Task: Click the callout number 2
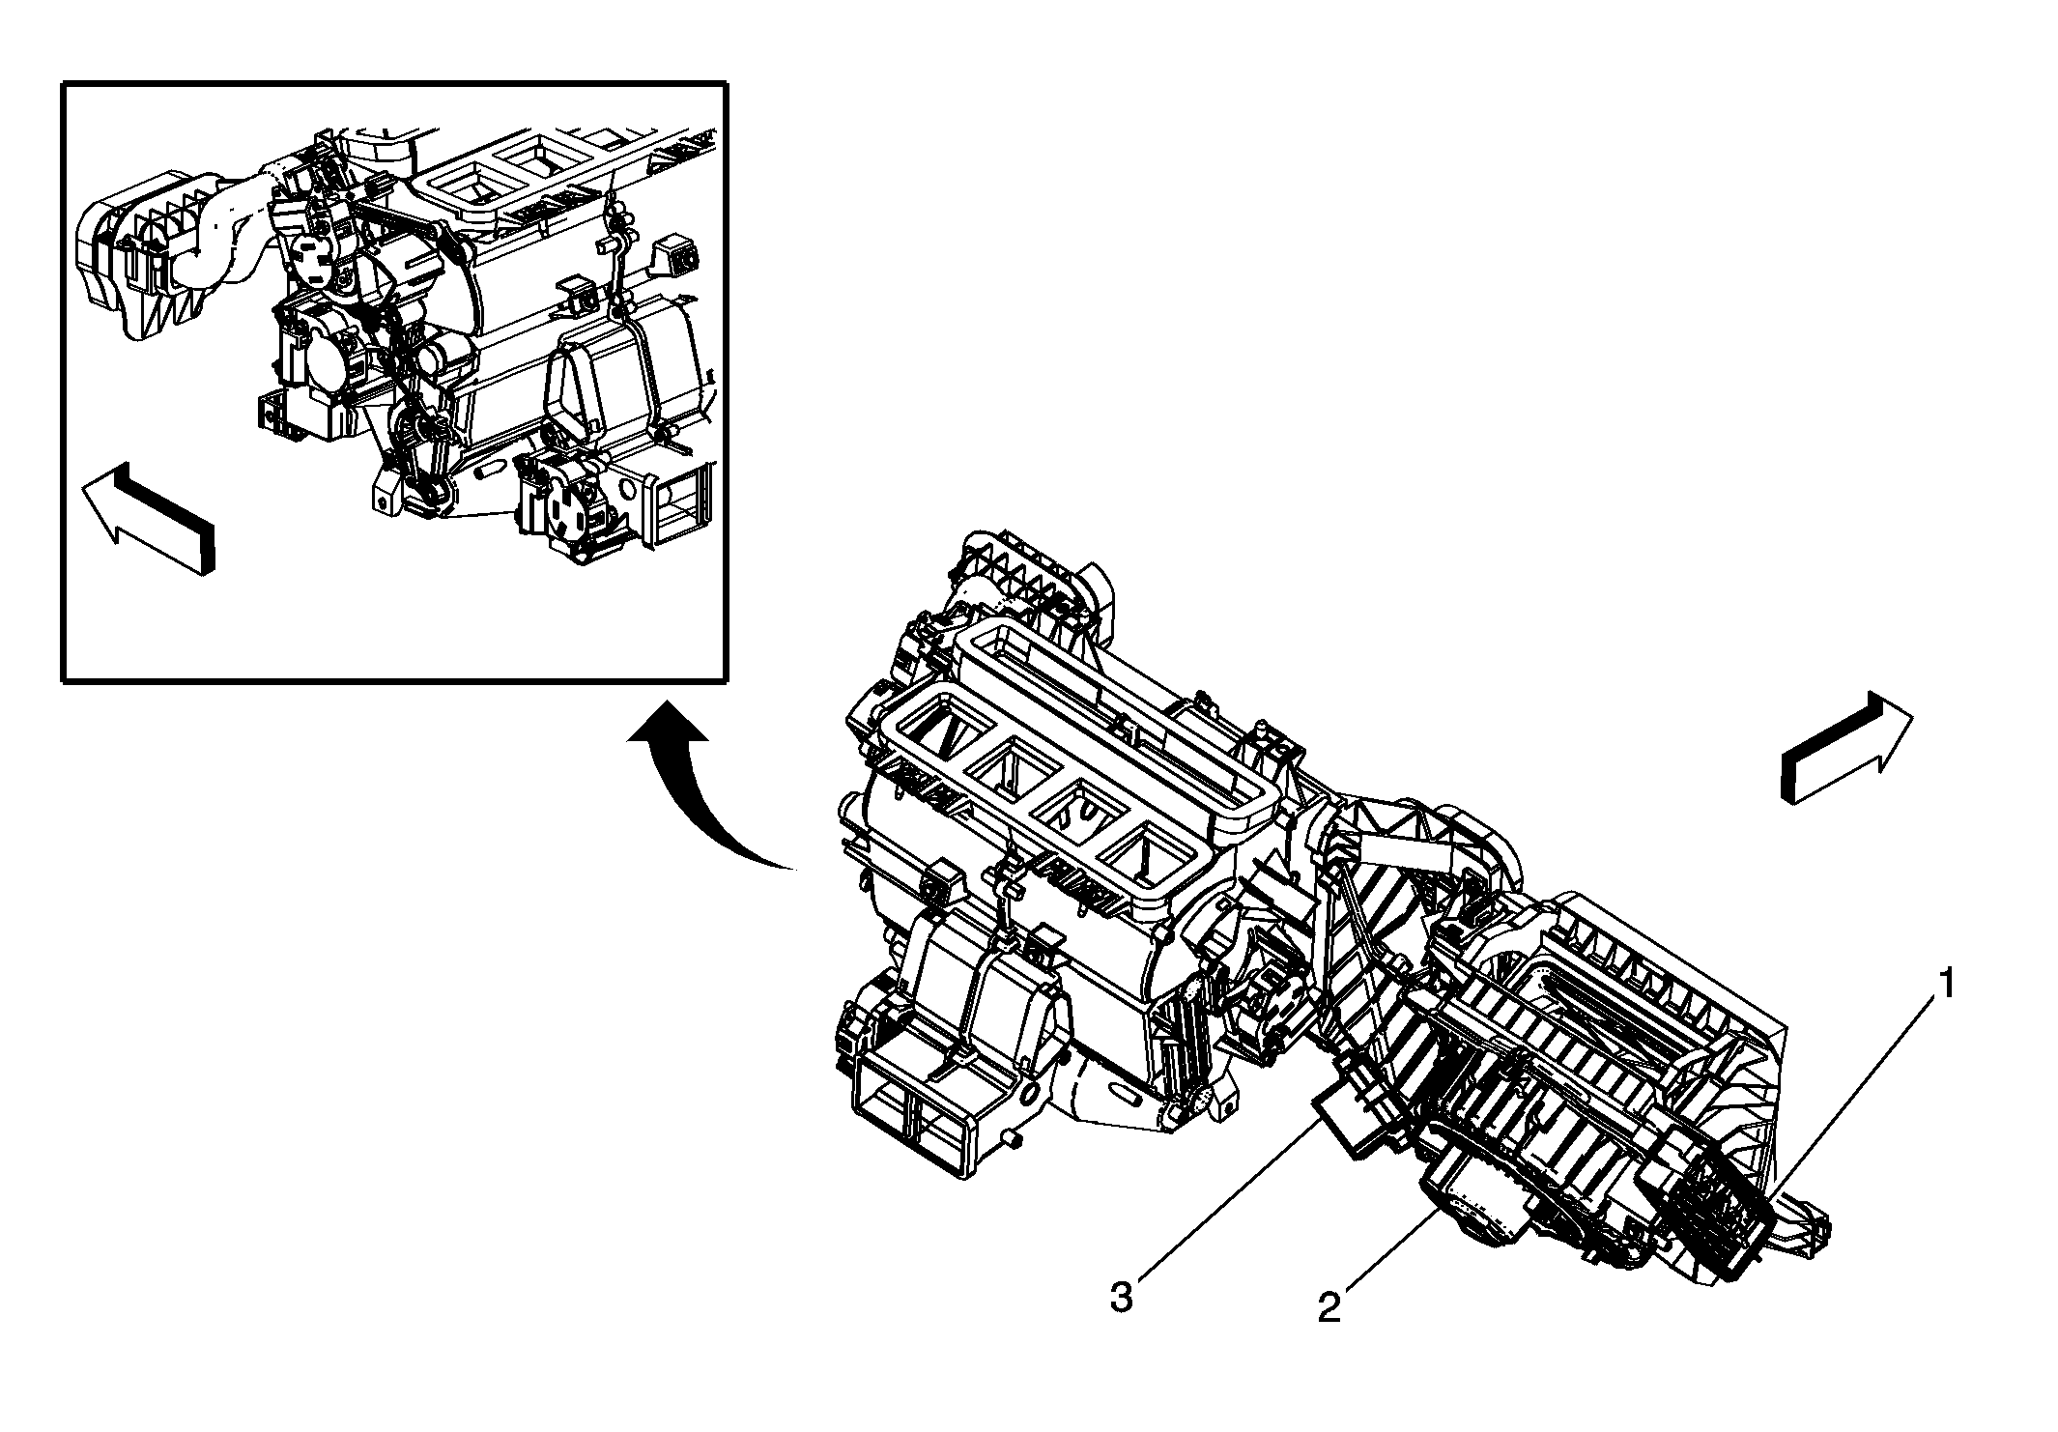(1329, 1307)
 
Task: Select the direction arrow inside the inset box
(150, 517)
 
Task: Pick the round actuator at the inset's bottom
(560, 512)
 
